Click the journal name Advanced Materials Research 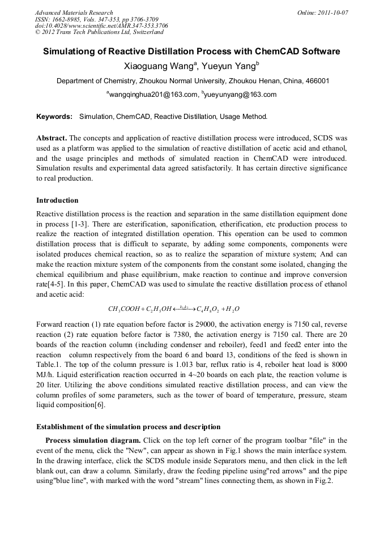(74, 12)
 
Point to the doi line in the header (101, 26)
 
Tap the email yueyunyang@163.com (241, 95)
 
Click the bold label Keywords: (54, 117)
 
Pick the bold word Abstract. (52, 138)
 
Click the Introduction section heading (57, 200)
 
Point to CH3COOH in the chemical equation (123, 309)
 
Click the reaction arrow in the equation (184, 309)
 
